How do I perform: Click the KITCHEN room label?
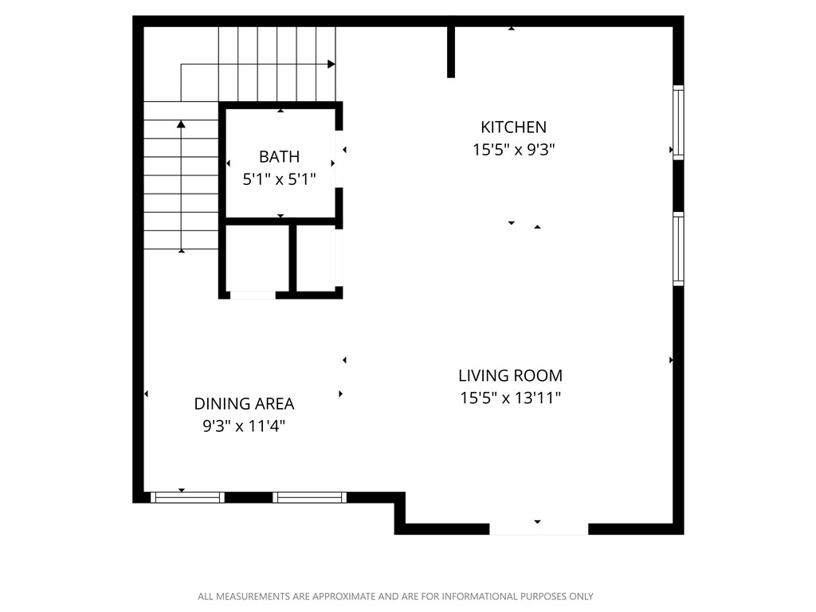point(513,127)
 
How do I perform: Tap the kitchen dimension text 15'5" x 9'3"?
point(513,149)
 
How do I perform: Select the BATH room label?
point(279,156)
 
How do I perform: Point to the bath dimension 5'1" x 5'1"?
point(279,179)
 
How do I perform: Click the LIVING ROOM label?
point(510,375)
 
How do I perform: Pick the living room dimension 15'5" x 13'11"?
point(510,398)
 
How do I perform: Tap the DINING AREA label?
point(244,403)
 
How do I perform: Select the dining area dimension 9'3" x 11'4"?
point(244,426)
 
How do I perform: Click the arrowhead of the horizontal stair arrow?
point(331,64)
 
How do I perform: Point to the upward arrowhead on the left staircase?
point(182,124)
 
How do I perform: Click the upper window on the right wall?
point(678,122)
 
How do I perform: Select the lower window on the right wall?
point(678,249)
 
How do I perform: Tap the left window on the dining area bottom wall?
point(187,497)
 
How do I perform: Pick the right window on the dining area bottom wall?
point(309,497)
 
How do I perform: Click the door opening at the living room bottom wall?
point(538,528)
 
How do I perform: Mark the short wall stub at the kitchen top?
point(451,52)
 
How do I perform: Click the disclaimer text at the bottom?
point(395,596)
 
